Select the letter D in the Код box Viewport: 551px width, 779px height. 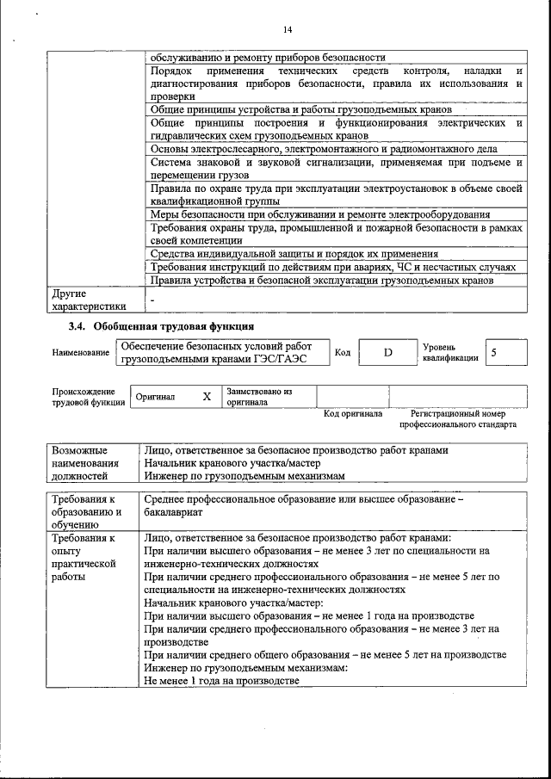click(x=387, y=353)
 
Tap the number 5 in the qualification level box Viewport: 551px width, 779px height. click(x=492, y=353)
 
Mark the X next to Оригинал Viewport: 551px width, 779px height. click(x=206, y=397)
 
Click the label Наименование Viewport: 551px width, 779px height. click(x=80, y=353)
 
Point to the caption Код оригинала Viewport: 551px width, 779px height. click(x=352, y=414)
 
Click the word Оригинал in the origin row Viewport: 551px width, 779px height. click(x=155, y=398)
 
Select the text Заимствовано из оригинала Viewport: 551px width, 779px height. click(x=259, y=397)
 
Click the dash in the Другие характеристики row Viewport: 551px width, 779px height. click(x=152, y=298)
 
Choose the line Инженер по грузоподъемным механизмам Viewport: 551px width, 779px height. click(x=244, y=475)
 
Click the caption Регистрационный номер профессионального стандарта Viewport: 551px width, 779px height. click(x=457, y=419)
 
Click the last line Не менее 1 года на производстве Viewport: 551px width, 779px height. click(x=221, y=680)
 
